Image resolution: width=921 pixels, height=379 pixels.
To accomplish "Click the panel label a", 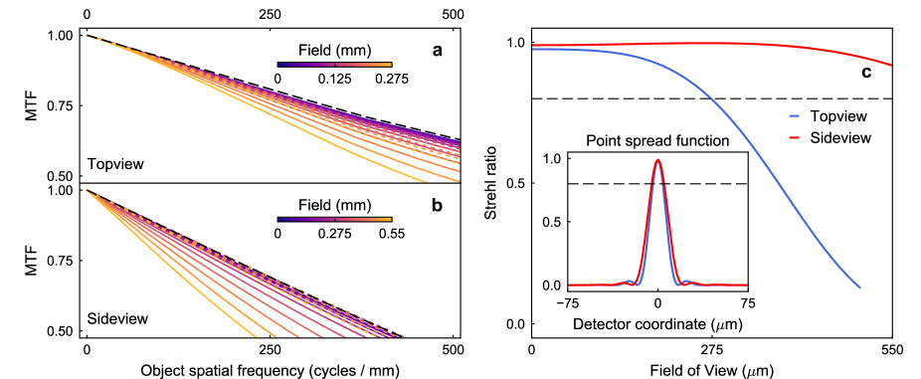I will point(441,51).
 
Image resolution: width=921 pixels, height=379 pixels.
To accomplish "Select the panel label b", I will point(439,207).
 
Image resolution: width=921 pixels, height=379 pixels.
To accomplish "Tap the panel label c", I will point(868,73).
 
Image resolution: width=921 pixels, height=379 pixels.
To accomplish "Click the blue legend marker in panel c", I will point(795,116).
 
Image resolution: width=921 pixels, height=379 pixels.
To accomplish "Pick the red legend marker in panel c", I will point(795,137).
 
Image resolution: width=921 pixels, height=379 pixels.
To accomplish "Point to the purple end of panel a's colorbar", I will point(280,65).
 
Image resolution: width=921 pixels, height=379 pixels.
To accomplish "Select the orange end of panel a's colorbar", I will point(390,65).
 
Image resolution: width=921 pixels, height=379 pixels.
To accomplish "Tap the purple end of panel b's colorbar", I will point(280,219).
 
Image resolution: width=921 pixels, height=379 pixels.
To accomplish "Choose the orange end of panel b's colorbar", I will point(390,219).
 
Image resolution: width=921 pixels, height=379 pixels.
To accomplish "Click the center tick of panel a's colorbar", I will point(335,65).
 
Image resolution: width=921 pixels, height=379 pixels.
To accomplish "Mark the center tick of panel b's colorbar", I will point(335,219).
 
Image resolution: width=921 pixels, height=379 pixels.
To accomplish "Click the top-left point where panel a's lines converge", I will point(86,35).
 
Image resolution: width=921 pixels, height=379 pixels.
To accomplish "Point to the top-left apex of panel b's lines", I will point(87,189).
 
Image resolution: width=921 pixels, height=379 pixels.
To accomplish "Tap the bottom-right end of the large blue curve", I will point(859,288).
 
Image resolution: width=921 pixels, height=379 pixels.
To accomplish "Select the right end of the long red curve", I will point(891,66).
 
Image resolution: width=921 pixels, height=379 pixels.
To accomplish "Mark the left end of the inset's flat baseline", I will point(570,284).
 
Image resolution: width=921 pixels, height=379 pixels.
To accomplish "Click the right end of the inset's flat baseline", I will point(747,284).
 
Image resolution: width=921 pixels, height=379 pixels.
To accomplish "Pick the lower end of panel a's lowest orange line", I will point(427,183).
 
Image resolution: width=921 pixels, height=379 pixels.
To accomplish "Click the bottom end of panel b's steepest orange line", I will point(258,336).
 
